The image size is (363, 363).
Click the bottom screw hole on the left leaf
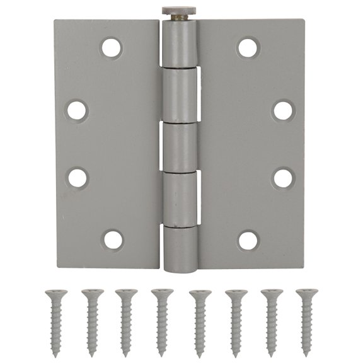point(113,239)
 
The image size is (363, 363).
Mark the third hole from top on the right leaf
point(282,177)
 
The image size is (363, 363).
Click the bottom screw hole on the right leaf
point(248,239)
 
